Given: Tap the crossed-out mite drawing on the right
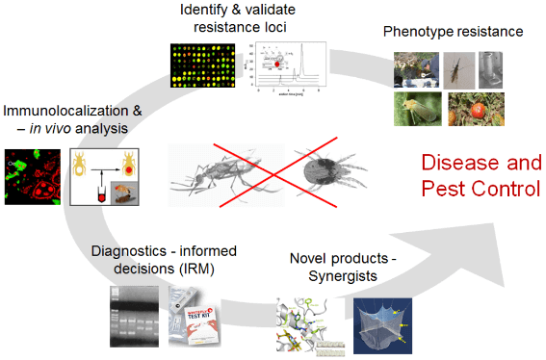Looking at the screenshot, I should tap(328, 176).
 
